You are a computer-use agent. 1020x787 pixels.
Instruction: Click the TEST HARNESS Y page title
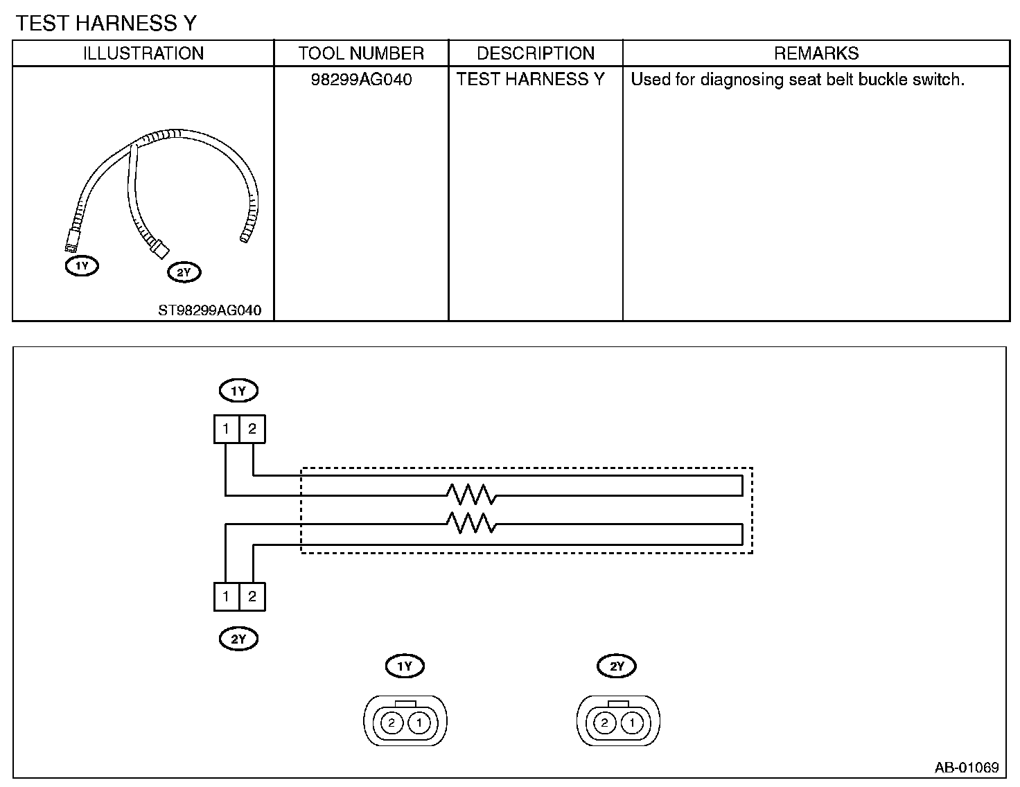tap(106, 23)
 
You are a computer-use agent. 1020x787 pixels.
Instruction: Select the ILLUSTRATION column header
tap(143, 53)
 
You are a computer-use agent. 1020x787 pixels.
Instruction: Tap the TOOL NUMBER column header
tap(361, 53)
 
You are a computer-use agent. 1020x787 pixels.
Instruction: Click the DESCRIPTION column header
tap(536, 53)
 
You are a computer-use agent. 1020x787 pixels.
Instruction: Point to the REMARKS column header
tap(816, 53)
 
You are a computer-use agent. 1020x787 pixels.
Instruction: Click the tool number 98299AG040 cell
tap(362, 79)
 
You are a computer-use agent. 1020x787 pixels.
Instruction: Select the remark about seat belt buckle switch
tap(798, 79)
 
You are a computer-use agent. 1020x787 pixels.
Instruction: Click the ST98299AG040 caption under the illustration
tap(209, 310)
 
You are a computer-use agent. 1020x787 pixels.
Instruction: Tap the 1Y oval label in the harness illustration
tap(82, 266)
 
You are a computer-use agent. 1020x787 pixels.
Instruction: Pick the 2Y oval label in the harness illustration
tap(184, 272)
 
